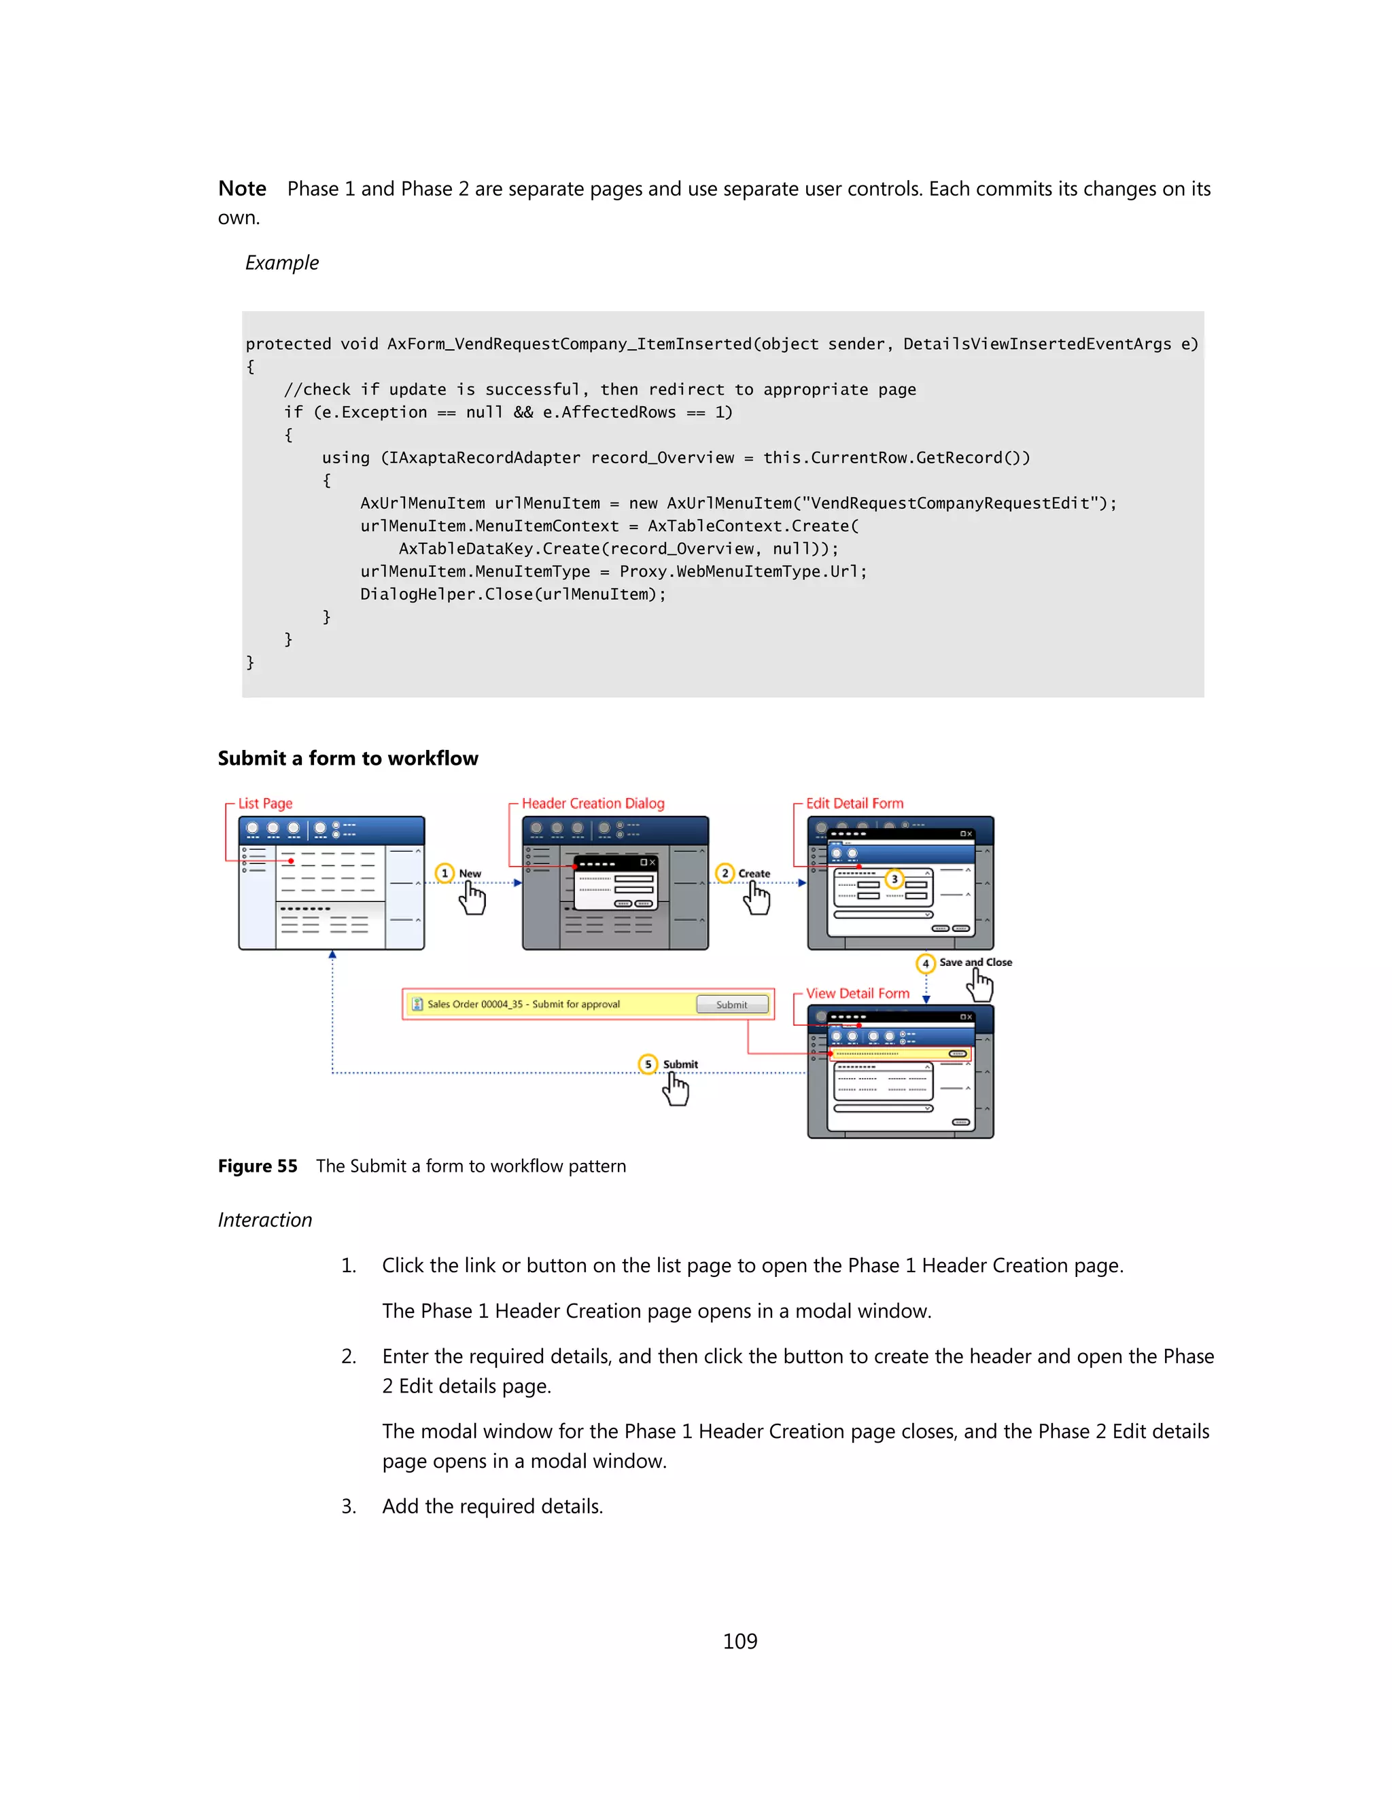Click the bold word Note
[241, 189]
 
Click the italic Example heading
[281, 263]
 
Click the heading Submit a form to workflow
[347, 758]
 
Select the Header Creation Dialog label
[592, 804]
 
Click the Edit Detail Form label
[854, 804]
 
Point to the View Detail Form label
[858, 993]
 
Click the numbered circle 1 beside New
[445, 873]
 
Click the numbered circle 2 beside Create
[725, 873]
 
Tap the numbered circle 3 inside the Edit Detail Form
[894, 880]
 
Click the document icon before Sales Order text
[417, 1004]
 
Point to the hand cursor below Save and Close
[981, 984]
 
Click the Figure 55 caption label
[258, 1166]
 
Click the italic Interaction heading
[264, 1220]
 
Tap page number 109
[739, 1641]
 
